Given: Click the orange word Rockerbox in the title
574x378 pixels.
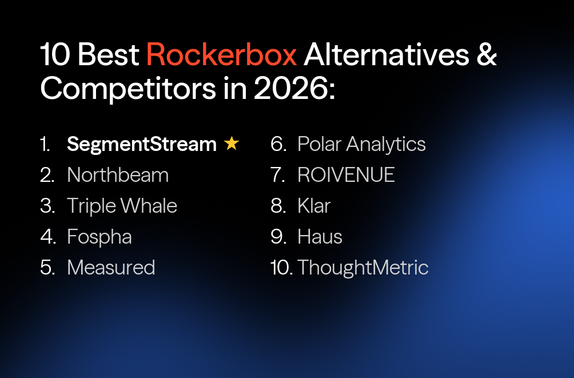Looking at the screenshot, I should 221,55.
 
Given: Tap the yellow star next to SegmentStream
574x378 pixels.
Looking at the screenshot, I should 232,144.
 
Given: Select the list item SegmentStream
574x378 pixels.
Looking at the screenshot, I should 141,145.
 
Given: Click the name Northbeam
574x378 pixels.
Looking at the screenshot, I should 118,175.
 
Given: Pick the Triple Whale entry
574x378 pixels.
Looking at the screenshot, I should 122,206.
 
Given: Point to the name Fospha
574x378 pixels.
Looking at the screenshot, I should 99,237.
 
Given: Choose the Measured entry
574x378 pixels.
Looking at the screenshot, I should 111,267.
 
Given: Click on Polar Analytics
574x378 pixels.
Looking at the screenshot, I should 361,144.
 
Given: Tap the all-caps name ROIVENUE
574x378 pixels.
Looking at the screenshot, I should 346,175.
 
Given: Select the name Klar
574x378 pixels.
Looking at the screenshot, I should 314,206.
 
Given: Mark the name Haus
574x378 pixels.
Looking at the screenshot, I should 320,237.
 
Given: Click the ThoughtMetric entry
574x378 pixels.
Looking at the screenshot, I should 362,267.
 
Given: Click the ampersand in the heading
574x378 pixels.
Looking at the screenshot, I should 486,55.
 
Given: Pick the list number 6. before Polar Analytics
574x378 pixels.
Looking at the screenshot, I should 278,144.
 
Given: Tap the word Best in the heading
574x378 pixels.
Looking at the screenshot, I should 109,55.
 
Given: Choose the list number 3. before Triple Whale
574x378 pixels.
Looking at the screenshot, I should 47,206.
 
